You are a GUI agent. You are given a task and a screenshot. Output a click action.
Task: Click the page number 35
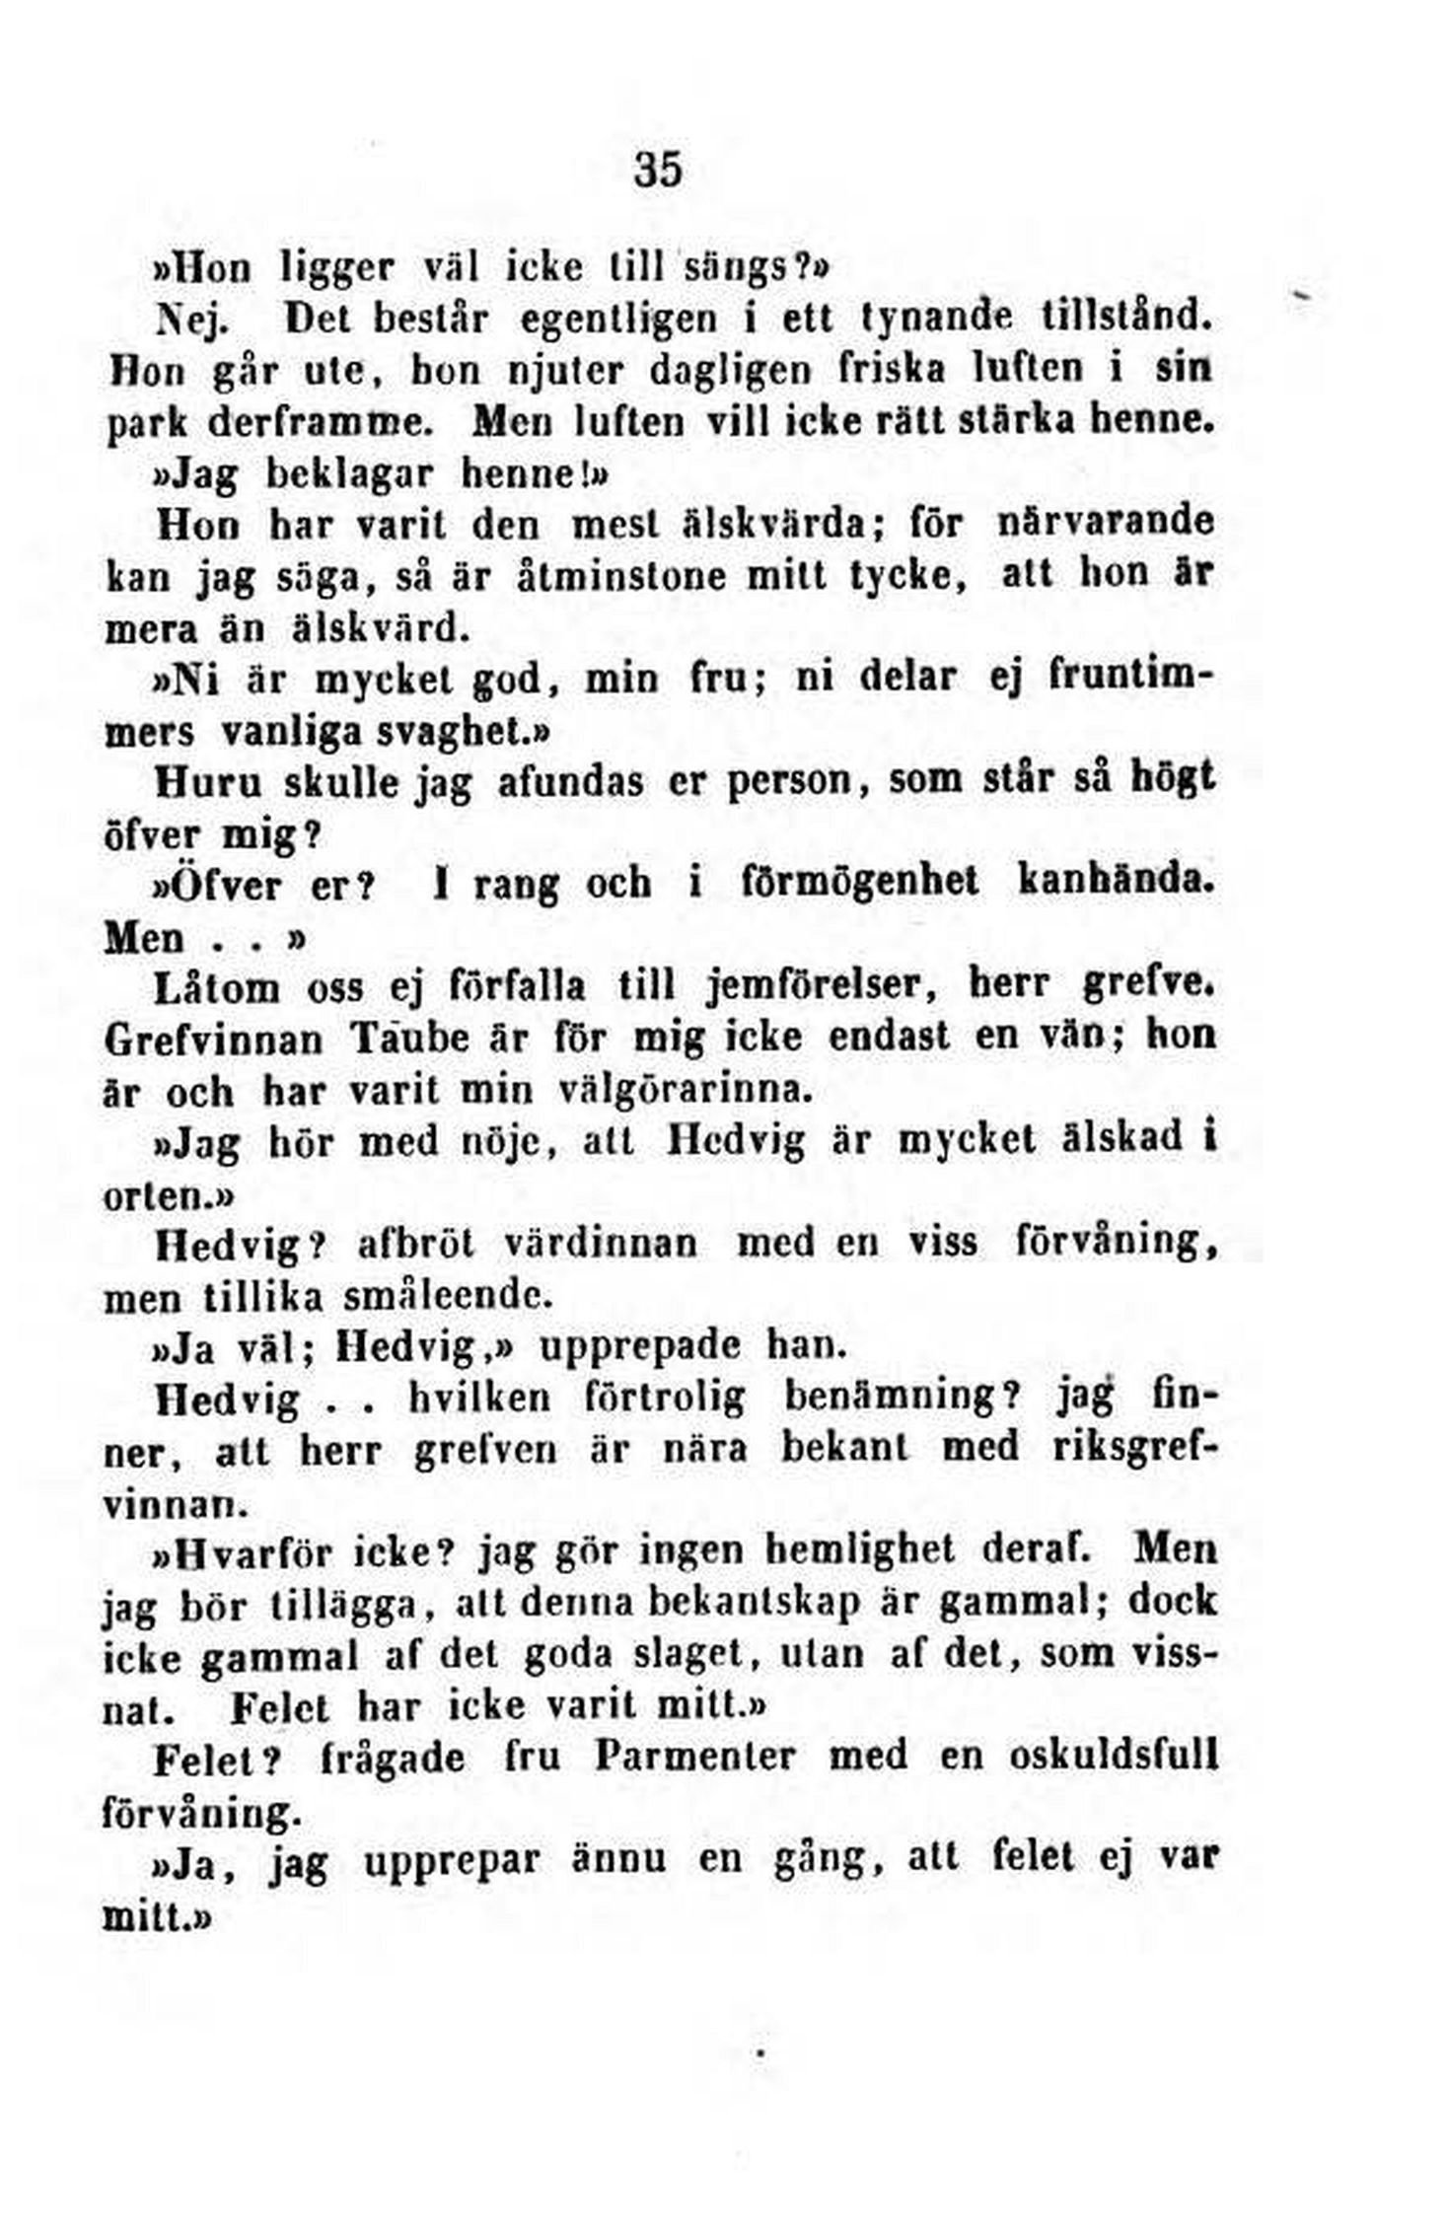[658, 170]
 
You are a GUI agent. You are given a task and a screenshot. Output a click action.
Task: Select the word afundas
[571, 782]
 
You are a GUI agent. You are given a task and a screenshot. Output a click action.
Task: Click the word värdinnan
[601, 1242]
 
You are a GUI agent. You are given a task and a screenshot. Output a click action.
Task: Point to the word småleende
[445, 1294]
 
